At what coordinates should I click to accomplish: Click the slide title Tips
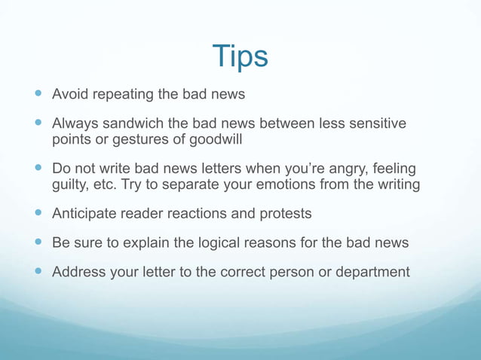point(240,57)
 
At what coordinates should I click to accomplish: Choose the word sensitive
point(373,123)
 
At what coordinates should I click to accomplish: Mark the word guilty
point(71,185)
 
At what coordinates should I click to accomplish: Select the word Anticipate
point(84,214)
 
